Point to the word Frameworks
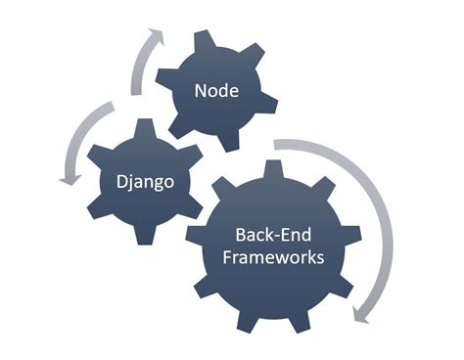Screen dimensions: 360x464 (274, 259)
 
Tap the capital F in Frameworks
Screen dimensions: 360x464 (228, 259)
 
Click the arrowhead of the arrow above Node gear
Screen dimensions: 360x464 (153, 36)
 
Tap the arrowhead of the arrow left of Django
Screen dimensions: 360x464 (69, 178)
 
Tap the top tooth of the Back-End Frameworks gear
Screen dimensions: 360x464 (274, 169)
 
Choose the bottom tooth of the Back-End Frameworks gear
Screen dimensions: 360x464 (273, 324)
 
